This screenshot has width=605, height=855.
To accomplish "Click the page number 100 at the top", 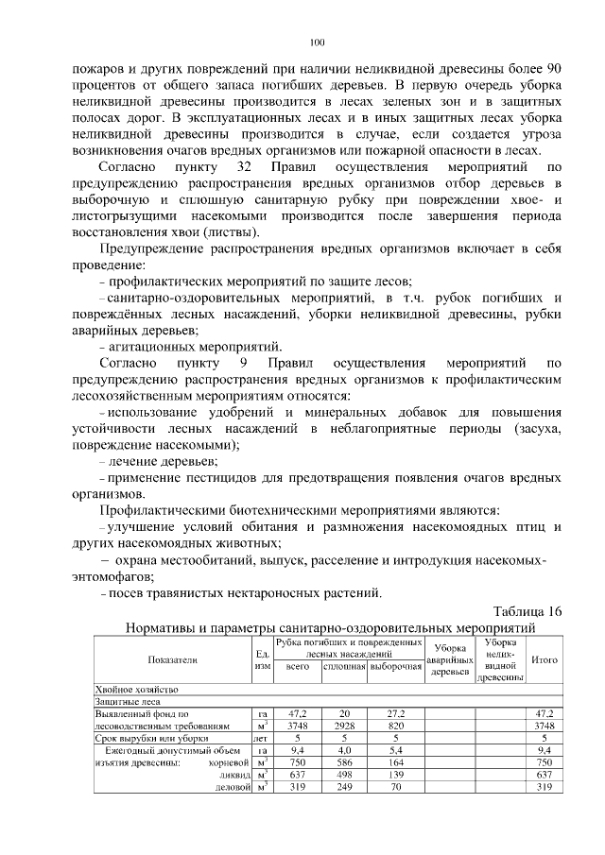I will point(317,42).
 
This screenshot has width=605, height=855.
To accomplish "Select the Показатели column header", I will point(172,659).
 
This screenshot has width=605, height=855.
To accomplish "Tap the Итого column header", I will point(544,659).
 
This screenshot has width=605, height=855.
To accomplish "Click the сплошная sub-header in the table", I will point(344,667).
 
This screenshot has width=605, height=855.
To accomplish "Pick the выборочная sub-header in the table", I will point(396,667).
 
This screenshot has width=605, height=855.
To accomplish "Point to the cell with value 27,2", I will point(396,713).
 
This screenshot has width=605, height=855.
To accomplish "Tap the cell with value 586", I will point(344,761).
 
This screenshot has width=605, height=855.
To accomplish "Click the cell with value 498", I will point(344,774).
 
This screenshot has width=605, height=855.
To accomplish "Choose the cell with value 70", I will point(396,786).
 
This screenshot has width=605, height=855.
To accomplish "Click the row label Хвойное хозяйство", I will point(130,690).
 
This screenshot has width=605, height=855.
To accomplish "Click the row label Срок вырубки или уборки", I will point(145,737).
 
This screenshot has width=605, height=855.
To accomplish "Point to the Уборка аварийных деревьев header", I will point(450,659).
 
